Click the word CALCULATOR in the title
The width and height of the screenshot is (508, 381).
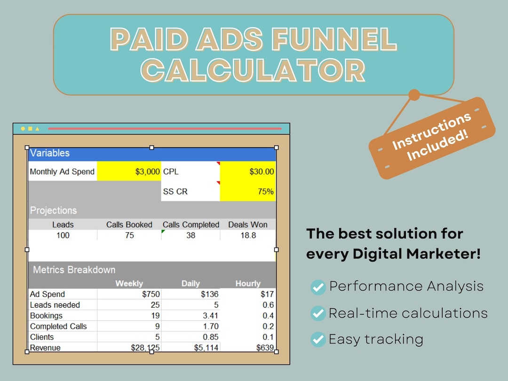click(x=254, y=71)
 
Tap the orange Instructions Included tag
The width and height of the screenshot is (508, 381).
click(x=431, y=138)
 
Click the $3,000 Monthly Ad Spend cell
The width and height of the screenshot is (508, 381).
click(x=129, y=172)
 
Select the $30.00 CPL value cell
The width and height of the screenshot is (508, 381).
click(x=248, y=172)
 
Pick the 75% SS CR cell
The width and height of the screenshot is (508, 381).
click(x=248, y=191)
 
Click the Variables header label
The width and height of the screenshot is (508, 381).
click(x=49, y=153)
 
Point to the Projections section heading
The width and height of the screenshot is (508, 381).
click(x=53, y=210)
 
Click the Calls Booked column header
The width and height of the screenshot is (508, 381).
click(x=129, y=225)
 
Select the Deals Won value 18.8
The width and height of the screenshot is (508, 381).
click(x=248, y=235)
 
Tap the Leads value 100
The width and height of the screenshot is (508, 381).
click(x=63, y=235)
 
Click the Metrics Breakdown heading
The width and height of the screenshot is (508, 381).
click(x=74, y=270)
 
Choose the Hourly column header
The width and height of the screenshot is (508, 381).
click(x=247, y=284)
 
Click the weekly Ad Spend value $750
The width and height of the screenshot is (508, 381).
click(x=151, y=294)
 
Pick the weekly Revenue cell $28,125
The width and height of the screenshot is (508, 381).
click(x=145, y=348)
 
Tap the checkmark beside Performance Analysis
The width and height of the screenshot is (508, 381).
click(x=318, y=287)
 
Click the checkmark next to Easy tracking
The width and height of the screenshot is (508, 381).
click(x=318, y=339)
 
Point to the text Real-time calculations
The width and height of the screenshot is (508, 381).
click(x=408, y=313)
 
